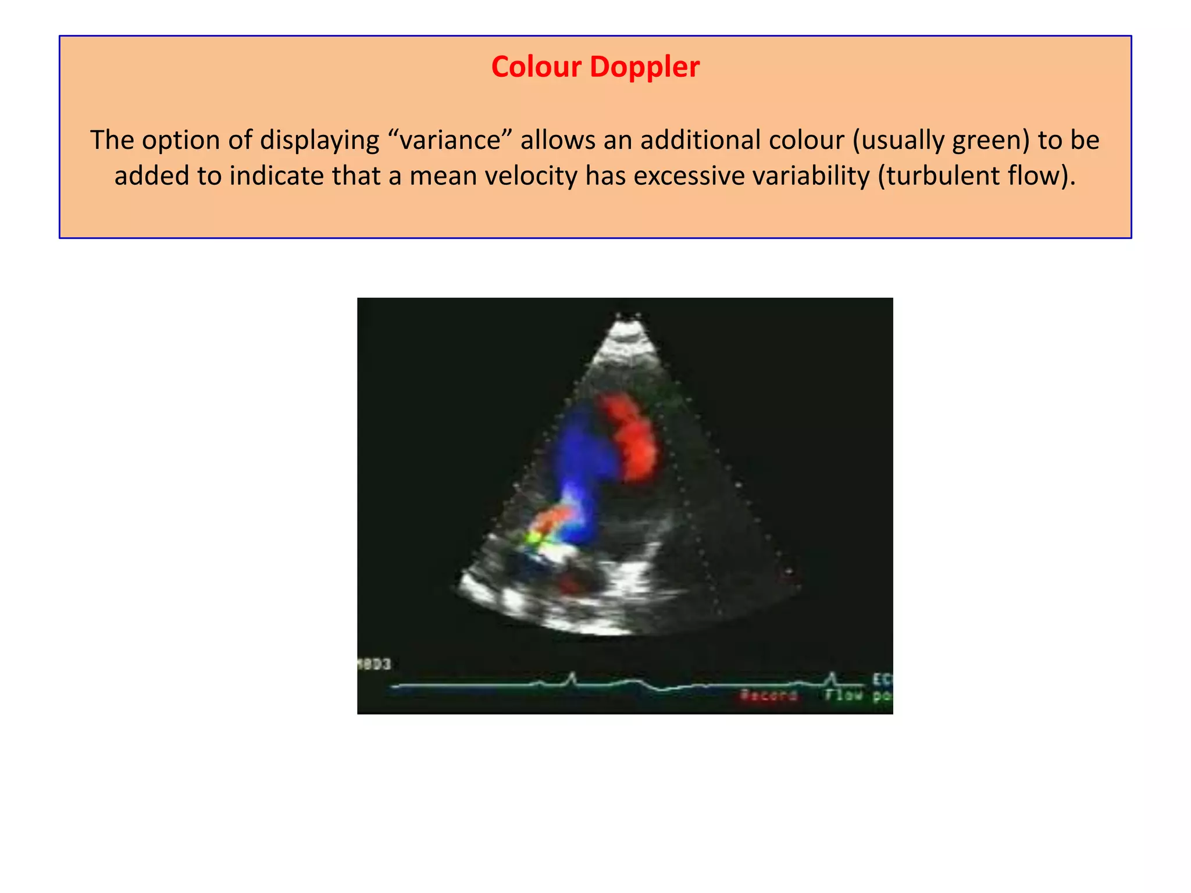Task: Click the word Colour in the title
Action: tap(536, 67)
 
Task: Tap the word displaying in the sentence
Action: tap(319, 140)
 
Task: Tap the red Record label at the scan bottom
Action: tap(768, 695)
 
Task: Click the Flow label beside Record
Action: tap(843, 694)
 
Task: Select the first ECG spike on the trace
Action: tap(572, 678)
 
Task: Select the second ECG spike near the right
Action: tap(832, 678)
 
